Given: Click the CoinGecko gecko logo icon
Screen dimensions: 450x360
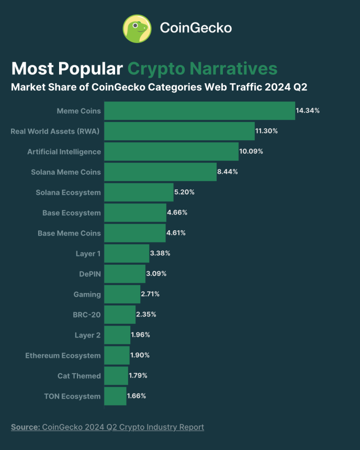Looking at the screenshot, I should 137,28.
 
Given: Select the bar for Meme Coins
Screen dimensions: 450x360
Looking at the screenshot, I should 199,111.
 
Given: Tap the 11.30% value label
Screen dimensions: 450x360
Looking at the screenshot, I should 266,131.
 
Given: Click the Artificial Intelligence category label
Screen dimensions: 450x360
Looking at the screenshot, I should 64,152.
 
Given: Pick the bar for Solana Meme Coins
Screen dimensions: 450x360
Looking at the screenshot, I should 160,172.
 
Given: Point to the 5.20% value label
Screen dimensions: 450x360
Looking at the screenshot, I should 184,192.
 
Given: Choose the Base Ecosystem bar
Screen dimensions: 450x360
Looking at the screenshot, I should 135,213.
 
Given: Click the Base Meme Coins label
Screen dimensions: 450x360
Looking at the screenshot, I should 69,233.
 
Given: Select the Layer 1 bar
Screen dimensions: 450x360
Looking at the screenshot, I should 127,254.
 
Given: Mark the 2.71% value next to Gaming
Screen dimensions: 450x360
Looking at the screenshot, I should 150,294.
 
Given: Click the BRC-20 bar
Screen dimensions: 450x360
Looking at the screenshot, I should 120,314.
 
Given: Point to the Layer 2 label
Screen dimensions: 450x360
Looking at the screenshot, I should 88,335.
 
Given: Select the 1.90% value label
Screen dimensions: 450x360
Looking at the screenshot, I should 140,355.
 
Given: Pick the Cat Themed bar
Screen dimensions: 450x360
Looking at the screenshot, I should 116,376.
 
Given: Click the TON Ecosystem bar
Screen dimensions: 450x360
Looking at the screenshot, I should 115,396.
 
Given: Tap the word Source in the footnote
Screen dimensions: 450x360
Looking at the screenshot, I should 25,427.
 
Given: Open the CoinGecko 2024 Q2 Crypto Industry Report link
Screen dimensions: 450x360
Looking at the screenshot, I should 123,427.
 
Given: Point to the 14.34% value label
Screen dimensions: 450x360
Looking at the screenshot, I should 308,111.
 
